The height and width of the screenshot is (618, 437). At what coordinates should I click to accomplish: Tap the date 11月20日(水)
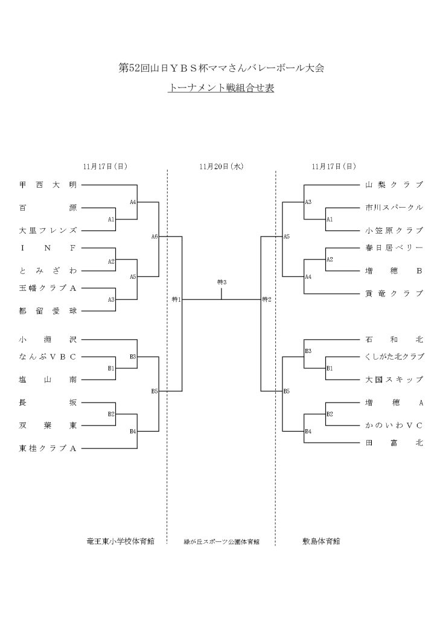click(221, 166)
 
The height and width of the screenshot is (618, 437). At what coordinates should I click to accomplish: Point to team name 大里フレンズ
click(48, 231)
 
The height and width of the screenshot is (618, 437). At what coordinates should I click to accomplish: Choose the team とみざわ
click(48, 270)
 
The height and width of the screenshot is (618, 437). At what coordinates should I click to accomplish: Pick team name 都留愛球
click(48, 311)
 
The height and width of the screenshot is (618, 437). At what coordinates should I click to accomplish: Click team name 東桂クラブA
click(48, 448)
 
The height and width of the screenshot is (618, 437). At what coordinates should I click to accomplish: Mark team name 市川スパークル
click(394, 208)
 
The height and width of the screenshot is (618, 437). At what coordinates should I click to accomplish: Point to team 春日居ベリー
click(394, 247)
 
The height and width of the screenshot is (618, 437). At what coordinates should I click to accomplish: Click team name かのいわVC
click(394, 425)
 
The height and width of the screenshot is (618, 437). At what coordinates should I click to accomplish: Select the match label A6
click(155, 237)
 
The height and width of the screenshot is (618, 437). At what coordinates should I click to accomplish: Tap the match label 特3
click(221, 282)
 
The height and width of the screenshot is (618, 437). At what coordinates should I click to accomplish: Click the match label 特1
click(176, 299)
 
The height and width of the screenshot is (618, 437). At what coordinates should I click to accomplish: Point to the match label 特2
click(266, 299)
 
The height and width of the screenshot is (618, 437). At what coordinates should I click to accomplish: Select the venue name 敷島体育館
click(321, 541)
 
